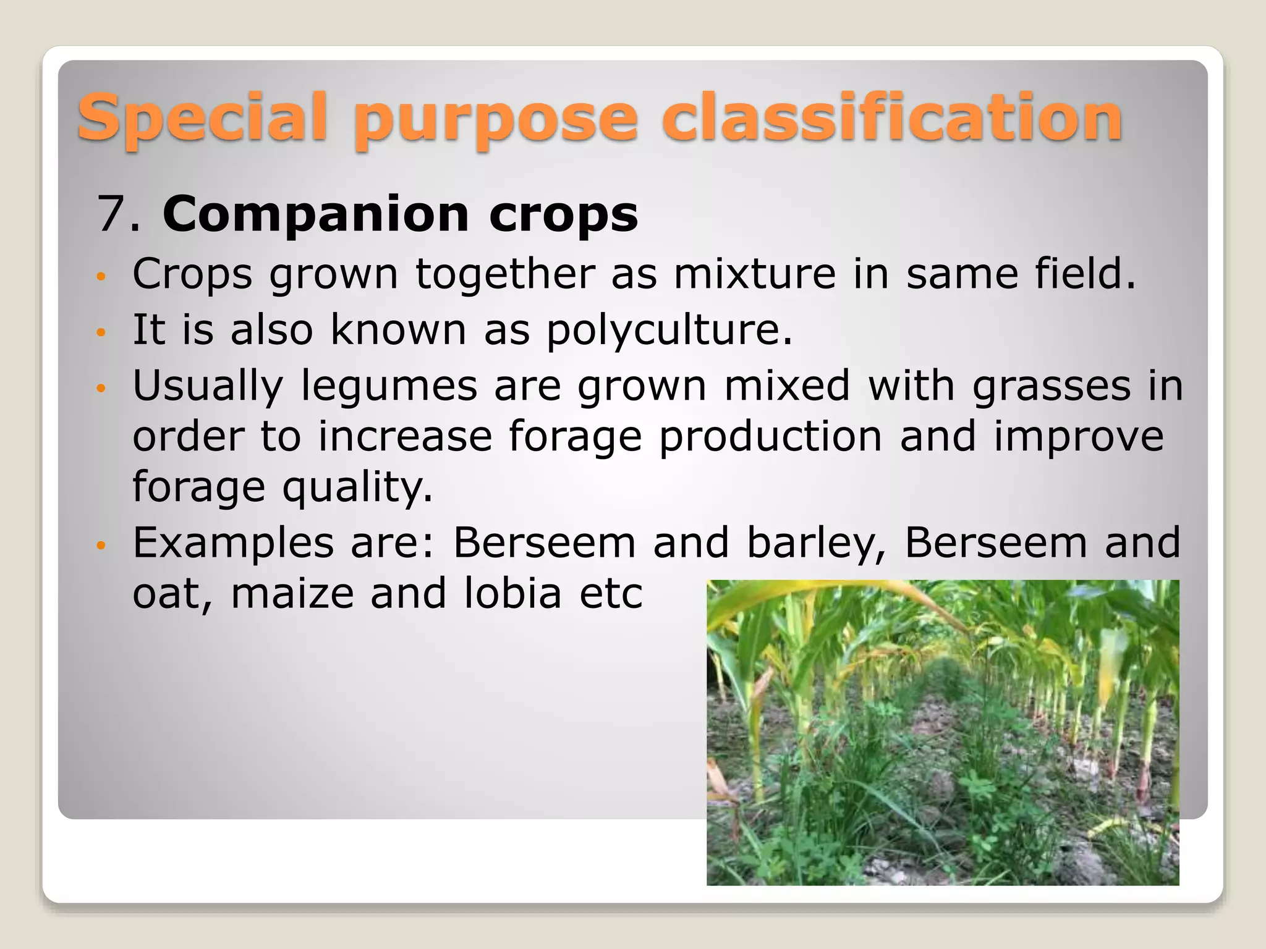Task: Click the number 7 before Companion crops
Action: (111, 214)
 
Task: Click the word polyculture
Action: (668, 331)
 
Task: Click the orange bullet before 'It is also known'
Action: (102, 332)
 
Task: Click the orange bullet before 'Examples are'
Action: (102, 546)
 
